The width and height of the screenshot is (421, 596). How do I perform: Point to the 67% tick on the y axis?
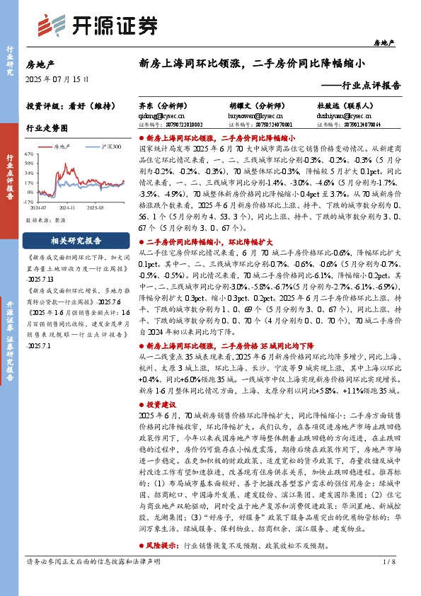coord(28,153)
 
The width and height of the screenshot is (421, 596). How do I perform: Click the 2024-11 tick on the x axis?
coord(67,207)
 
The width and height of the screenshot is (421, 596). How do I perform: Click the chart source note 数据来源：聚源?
coord(47,220)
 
